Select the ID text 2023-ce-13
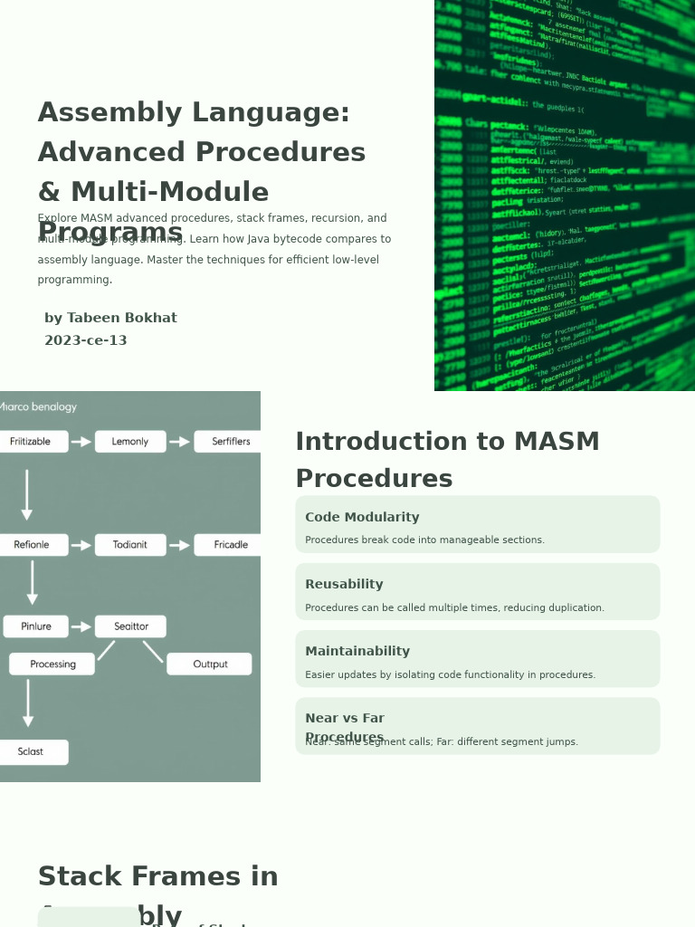tap(86, 341)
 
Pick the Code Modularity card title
tap(362, 518)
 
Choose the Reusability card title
tap(344, 585)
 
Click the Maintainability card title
tap(357, 652)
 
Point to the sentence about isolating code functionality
tap(450, 675)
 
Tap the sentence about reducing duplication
tap(454, 608)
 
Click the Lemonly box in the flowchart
tap(130, 442)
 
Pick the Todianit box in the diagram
tap(130, 545)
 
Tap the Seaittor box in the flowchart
tap(130, 626)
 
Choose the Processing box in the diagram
tap(52, 664)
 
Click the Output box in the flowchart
tap(210, 664)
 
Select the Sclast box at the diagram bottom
tap(32, 752)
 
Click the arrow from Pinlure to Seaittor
tap(81, 626)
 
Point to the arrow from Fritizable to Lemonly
tap(81, 442)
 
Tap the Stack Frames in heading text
tap(157, 877)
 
